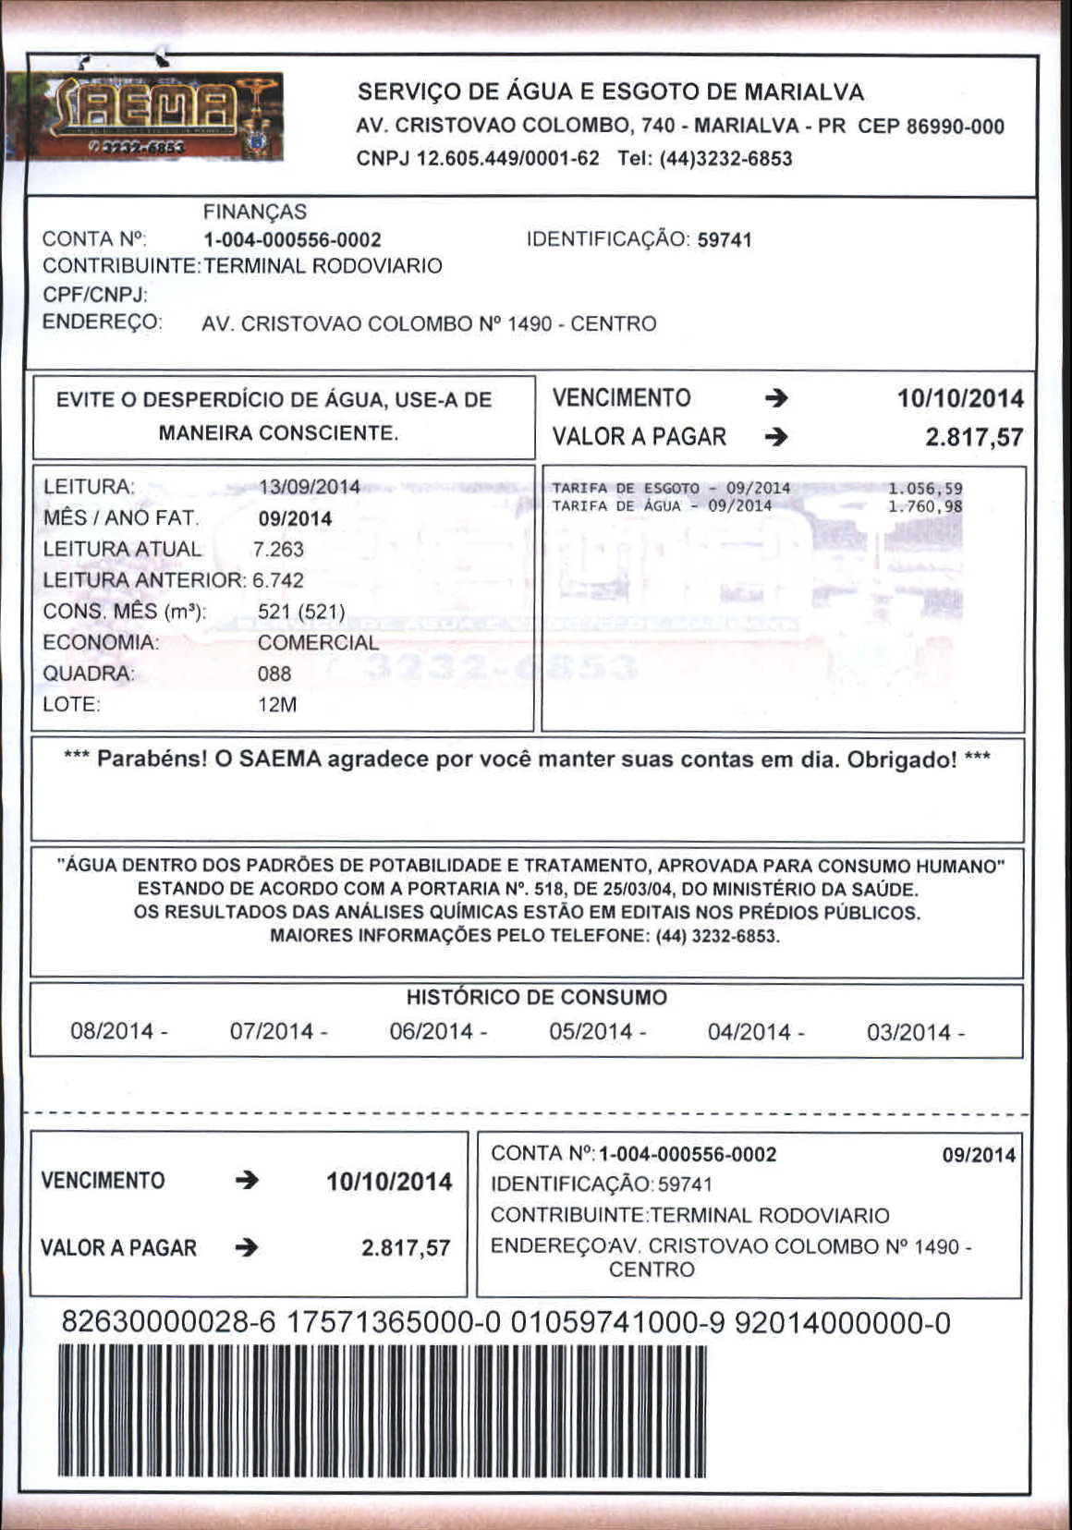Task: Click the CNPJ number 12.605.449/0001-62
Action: click(508, 158)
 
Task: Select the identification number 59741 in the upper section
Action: click(725, 240)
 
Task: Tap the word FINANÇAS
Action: click(255, 212)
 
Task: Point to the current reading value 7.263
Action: click(278, 549)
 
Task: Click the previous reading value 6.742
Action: click(278, 580)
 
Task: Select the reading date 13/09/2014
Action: click(310, 487)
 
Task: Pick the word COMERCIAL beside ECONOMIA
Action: click(318, 642)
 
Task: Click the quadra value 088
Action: click(274, 674)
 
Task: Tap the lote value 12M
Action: click(277, 705)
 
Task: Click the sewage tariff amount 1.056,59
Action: click(925, 489)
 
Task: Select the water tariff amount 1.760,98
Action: click(925, 506)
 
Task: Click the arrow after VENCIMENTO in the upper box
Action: click(777, 398)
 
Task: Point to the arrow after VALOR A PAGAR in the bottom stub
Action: click(247, 1248)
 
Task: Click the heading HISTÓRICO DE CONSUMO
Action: click(537, 998)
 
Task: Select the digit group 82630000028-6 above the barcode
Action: click(168, 1323)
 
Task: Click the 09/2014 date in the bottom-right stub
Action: click(979, 1155)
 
